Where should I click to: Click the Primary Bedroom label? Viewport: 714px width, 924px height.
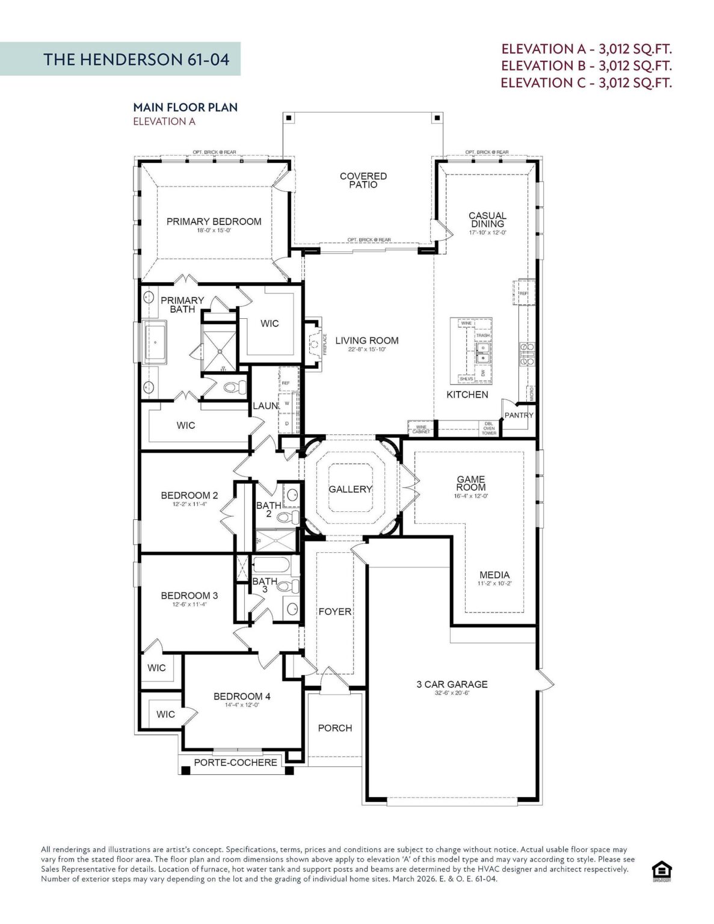214,221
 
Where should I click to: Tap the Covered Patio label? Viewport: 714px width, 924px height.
363,180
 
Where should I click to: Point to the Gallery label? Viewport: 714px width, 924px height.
350,489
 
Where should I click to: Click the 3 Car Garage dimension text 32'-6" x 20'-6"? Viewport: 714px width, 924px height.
452,693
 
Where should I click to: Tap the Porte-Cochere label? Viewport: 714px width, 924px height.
235,762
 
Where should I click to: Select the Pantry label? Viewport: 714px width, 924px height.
519,415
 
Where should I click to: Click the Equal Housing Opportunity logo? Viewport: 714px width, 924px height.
662,871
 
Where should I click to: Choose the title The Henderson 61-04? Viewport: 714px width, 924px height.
137,59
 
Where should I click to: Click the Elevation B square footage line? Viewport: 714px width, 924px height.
586,66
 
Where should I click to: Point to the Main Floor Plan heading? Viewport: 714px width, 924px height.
185,107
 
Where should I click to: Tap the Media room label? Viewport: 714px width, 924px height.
494,575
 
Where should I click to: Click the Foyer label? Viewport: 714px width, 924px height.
335,611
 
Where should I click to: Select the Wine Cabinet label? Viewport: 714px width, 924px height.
421,430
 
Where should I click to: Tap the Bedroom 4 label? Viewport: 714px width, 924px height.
242,696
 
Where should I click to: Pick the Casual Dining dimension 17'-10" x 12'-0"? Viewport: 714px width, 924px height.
487,233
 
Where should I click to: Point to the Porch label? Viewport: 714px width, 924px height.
335,728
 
